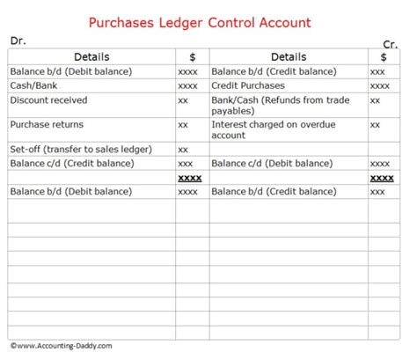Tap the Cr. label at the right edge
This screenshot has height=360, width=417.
coord(391,44)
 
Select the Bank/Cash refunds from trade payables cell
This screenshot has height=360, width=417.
coord(281,106)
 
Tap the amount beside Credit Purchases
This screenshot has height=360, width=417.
coord(380,86)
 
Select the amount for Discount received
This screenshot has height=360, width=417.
coord(183,102)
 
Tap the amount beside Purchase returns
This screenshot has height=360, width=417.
coord(183,125)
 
